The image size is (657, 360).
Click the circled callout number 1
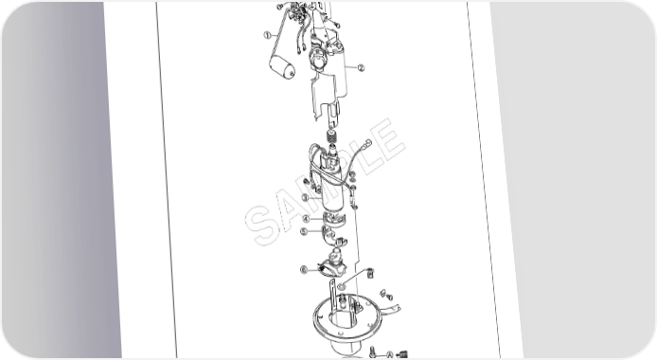pos(268,35)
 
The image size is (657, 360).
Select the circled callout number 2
pos(361,67)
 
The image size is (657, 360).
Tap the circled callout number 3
pos(306,197)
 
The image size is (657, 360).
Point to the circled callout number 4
pos(307,219)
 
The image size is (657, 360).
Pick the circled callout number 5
pos(304,231)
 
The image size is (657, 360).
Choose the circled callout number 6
pos(304,270)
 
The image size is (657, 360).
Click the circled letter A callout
pos(389,355)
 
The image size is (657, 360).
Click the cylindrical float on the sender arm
pos(281,67)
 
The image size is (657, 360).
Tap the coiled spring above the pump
pos(333,136)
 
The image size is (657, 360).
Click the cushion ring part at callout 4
pos(334,220)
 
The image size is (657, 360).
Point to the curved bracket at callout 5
pos(333,236)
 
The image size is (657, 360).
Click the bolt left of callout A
pos(373,352)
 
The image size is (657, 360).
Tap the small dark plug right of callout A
pos(402,354)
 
